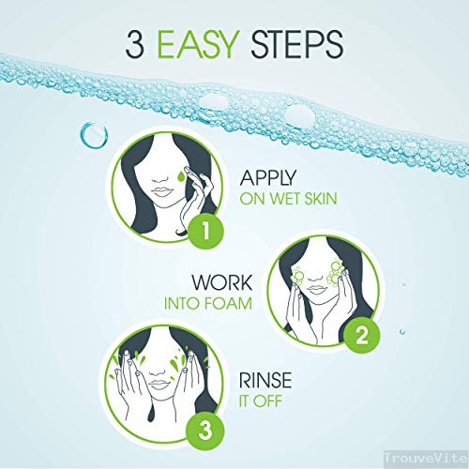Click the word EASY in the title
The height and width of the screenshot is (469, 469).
click(x=197, y=44)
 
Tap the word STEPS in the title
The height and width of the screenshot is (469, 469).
click(x=297, y=44)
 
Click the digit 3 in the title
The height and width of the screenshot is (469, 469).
click(x=135, y=44)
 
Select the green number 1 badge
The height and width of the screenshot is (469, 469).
click(x=206, y=231)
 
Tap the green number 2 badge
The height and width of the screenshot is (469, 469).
click(x=362, y=336)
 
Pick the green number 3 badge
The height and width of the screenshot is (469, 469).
click(x=204, y=431)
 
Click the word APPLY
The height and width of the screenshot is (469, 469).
click(x=267, y=178)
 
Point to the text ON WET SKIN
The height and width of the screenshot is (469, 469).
click(x=288, y=199)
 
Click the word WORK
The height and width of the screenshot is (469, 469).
click(x=221, y=282)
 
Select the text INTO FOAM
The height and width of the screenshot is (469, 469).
click(x=208, y=303)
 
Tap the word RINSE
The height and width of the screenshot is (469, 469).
click(x=265, y=380)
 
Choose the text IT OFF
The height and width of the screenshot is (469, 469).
click(x=261, y=401)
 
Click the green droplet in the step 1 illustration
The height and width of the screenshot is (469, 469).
click(x=181, y=176)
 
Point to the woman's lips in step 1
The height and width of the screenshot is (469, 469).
click(x=161, y=192)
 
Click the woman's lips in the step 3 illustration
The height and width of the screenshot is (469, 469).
click(x=159, y=385)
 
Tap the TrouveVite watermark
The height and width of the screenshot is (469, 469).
click(x=426, y=459)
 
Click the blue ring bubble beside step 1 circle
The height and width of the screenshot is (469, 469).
click(x=94, y=135)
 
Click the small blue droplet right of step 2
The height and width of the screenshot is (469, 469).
click(x=402, y=331)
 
